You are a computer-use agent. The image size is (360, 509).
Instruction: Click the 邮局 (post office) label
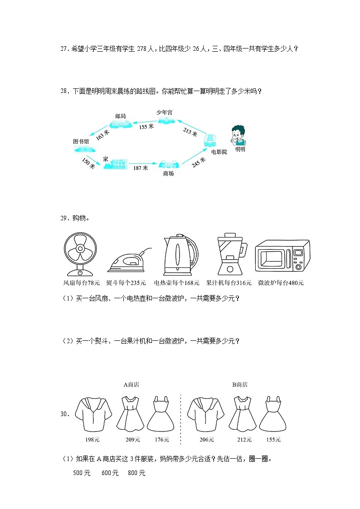[x=120, y=116]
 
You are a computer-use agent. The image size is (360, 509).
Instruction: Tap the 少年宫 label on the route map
[x=165, y=111]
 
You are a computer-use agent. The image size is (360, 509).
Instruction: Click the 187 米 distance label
[x=141, y=168]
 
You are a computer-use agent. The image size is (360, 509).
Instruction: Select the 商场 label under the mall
[x=168, y=173]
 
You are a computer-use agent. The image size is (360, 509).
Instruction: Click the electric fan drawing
[x=80, y=255]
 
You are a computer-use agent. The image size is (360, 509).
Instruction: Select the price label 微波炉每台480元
[x=281, y=283]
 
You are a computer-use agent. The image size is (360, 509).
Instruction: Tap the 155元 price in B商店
[x=273, y=439]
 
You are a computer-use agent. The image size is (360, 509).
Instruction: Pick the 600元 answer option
[x=110, y=473]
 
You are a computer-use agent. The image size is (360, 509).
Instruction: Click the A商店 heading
[x=131, y=385]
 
